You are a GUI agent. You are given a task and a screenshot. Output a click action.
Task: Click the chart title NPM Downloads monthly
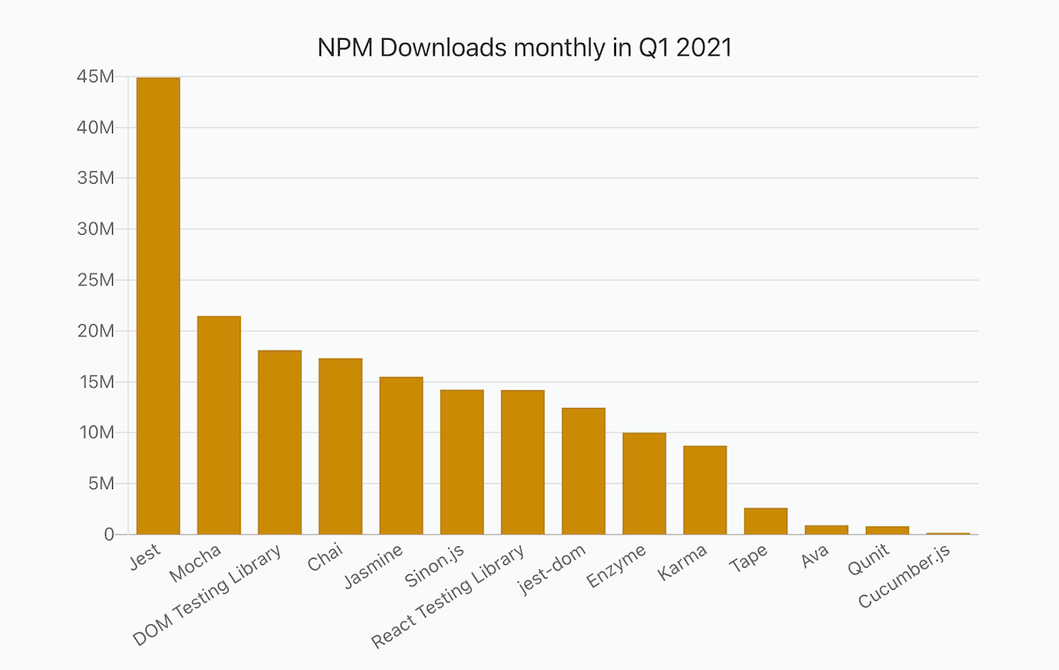[x=524, y=48]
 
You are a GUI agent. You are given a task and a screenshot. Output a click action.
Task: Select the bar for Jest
[x=158, y=305]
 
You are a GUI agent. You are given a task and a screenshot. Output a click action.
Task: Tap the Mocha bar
[x=219, y=425]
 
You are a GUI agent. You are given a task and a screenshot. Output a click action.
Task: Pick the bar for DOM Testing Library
[x=280, y=441]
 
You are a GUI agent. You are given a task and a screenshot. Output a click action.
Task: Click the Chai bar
[x=341, y=446]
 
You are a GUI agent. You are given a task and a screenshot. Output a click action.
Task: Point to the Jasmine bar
[x=402, y=455]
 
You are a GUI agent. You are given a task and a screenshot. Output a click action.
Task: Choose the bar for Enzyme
[x=644, y=483]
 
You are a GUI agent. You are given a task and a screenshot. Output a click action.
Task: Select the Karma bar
[x=705, y=490]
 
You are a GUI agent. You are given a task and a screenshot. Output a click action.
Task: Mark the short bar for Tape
[x=766, y=521]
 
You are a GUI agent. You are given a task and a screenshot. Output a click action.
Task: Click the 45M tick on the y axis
[x=94, y=77]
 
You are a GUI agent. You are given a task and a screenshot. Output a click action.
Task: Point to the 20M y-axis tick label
[x=94, y=331]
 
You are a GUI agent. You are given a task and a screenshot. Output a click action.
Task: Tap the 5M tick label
[x=99, y=484]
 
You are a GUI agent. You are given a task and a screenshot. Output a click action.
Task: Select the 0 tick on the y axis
[x=109, y=534]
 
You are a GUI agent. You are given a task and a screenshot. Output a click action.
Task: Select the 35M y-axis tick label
[x=94, y=178]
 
